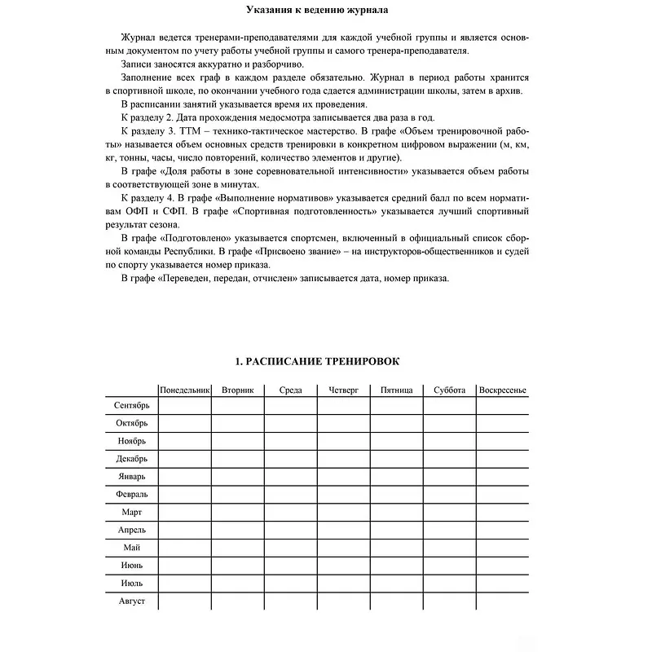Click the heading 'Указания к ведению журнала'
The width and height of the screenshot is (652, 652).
[317, 11]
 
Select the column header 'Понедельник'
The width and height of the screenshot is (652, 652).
[185, 390]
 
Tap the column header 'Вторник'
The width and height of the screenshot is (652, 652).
[238, 390]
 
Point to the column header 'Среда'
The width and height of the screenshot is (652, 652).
[290, 390]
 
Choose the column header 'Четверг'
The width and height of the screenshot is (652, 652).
[343, 390]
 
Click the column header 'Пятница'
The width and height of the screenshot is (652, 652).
[396, 390]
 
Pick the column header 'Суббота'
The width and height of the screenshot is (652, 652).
[449, 390]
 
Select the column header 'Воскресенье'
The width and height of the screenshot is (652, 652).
[503, 390]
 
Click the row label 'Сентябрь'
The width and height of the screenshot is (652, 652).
[131, 405]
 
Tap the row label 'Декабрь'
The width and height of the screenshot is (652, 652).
[131, 459]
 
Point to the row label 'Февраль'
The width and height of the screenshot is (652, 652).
[131, 495]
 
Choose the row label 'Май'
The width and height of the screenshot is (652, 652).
[131, 548]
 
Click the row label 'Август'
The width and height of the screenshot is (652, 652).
[131, 601]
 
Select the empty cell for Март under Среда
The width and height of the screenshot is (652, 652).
[290, 513]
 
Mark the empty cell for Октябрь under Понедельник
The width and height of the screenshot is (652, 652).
[185, 423]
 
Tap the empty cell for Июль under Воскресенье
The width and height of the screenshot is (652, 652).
[503, 584]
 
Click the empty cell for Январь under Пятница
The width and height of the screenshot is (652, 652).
[396, 477]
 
